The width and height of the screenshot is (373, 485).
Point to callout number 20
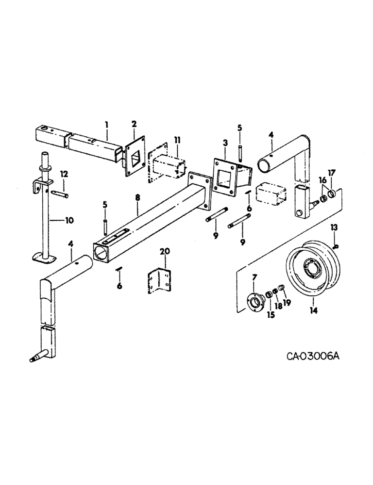165,251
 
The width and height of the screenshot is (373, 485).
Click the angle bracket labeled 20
159,281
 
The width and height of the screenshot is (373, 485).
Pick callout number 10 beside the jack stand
70,220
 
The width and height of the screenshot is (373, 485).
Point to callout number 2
134,125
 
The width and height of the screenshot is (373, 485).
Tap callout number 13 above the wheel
334,226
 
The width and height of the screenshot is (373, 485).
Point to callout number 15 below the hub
271,315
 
